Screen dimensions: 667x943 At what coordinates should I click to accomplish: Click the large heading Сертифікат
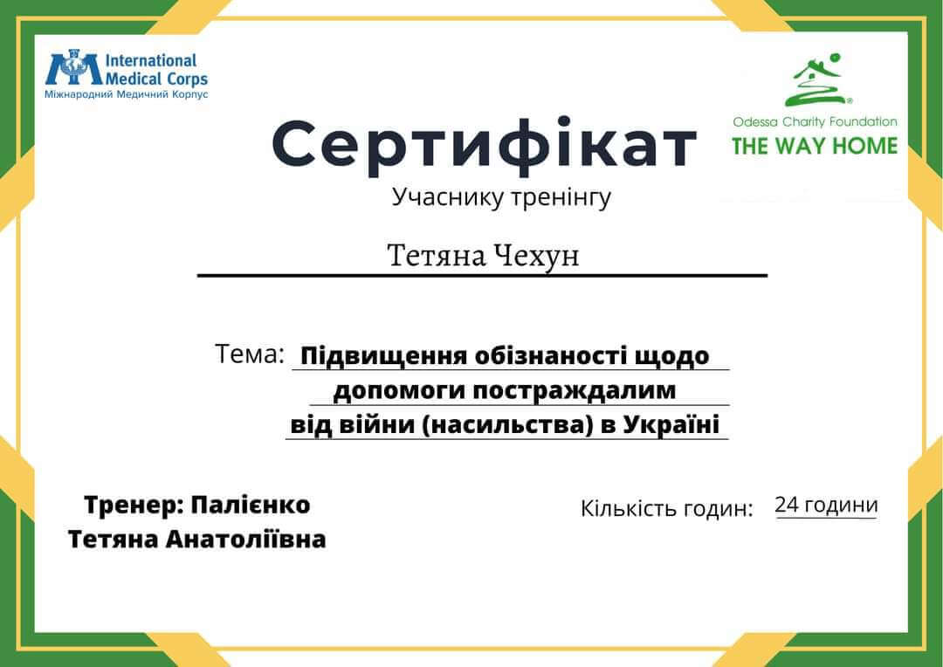(485, 145)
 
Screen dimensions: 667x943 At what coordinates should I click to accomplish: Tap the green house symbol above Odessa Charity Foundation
(818, 81)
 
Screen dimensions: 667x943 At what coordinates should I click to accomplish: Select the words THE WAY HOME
(814, 146)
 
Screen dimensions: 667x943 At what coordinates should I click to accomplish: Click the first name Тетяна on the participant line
(436, 256)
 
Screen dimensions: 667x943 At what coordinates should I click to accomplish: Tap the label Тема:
(250, 354)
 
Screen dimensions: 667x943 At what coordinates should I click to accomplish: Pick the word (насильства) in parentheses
(520, 425)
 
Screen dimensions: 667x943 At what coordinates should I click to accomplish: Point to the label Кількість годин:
(666, 509)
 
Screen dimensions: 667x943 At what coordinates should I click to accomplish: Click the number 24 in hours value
(786, 505)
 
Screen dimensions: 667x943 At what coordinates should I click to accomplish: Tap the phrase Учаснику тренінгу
(501, 198)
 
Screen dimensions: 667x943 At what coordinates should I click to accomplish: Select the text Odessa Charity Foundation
(815, 122)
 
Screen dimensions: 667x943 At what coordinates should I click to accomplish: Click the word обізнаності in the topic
(551, 356)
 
